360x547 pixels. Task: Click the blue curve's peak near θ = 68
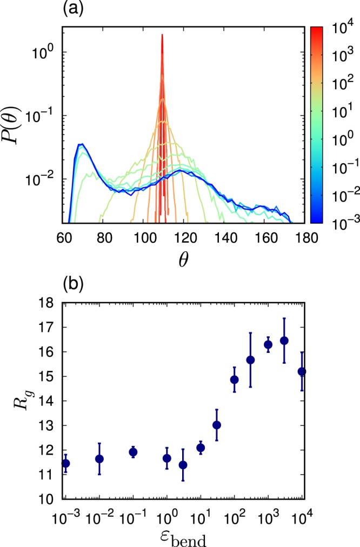pos(81,144)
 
